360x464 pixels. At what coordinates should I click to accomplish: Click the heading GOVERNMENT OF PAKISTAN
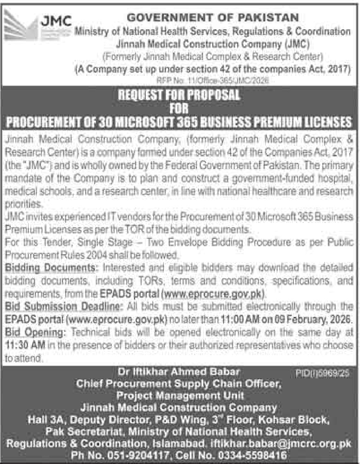212,18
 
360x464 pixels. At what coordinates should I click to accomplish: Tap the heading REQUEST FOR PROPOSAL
180,95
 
